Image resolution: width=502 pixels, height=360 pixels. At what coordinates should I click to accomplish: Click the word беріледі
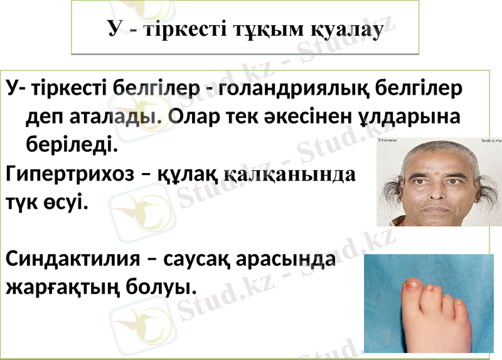[71, 145]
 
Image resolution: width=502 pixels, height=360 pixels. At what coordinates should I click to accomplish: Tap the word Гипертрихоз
[70, 174]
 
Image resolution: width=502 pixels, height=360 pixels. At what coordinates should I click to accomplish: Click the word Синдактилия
[72, 259]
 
